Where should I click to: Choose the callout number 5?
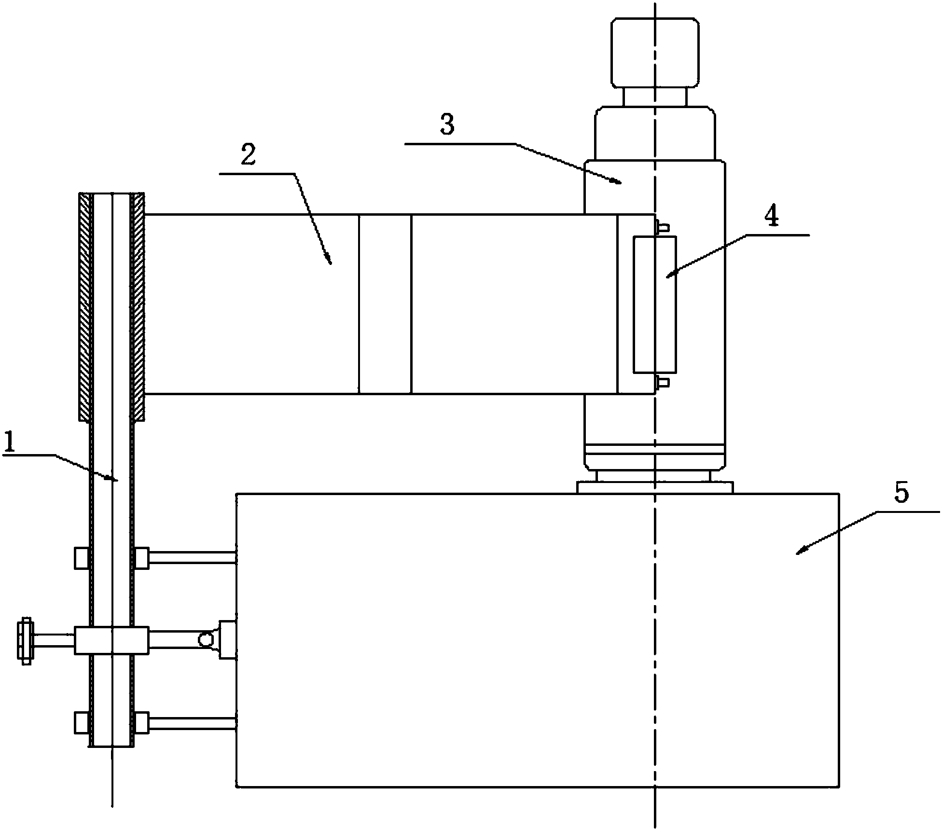901,494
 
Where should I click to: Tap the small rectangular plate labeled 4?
655,304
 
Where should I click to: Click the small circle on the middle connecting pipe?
205,640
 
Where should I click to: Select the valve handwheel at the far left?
25,640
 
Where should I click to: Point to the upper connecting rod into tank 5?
192,558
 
